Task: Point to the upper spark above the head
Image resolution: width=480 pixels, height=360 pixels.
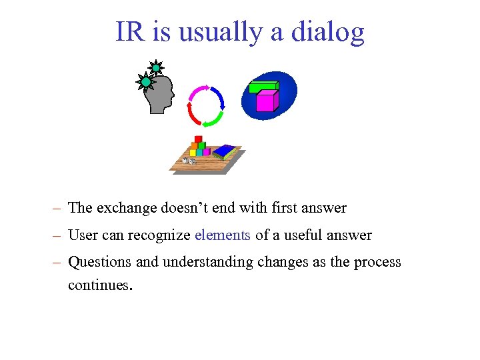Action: [x=155, y=67]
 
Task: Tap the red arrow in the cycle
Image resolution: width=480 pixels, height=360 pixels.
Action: [x=193, y=114]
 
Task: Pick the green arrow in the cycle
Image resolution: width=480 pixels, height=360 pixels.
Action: [x=213, y=120]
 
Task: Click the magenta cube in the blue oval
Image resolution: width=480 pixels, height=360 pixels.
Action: [x=265, y=101]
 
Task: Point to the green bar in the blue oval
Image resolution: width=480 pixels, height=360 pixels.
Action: [x=263, y=85]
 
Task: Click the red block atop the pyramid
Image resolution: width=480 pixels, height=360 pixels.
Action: [x=198, y=139]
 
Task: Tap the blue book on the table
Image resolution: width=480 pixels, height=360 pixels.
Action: [x=225, y=151]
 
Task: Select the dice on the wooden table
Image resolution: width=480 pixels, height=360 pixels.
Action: [x=189, y=161]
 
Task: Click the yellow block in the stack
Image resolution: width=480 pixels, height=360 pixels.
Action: [x=193, y=152]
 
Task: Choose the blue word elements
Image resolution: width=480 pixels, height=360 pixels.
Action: [x=223, y=235]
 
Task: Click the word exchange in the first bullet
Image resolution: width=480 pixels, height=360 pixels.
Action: [x=127, y=208]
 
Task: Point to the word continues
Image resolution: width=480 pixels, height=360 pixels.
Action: [x=100, y=286]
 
